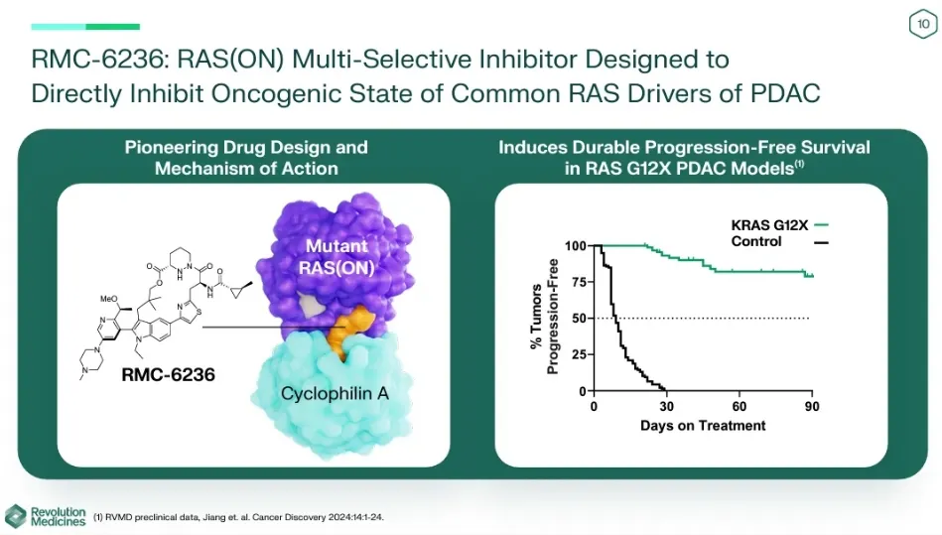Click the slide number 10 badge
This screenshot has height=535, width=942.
point(923,24)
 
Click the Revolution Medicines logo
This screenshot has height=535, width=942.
point(45,516)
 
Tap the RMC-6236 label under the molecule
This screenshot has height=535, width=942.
point(168,374)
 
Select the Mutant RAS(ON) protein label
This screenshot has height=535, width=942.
point(336,256)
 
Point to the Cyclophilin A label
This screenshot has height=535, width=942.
point(335,394)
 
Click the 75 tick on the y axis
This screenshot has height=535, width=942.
point(579,282)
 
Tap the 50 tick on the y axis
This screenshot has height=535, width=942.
point(579,319)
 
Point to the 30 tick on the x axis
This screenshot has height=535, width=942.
point(666,407)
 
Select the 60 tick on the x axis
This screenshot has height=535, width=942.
point(739,407)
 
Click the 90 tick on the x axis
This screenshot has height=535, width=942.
point(812,407)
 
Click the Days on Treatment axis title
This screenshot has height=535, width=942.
point(703,426)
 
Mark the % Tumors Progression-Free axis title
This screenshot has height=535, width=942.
point(544,317)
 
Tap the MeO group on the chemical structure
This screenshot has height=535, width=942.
point(109,299)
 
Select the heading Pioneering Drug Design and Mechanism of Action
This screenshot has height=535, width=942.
point(246,157)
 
